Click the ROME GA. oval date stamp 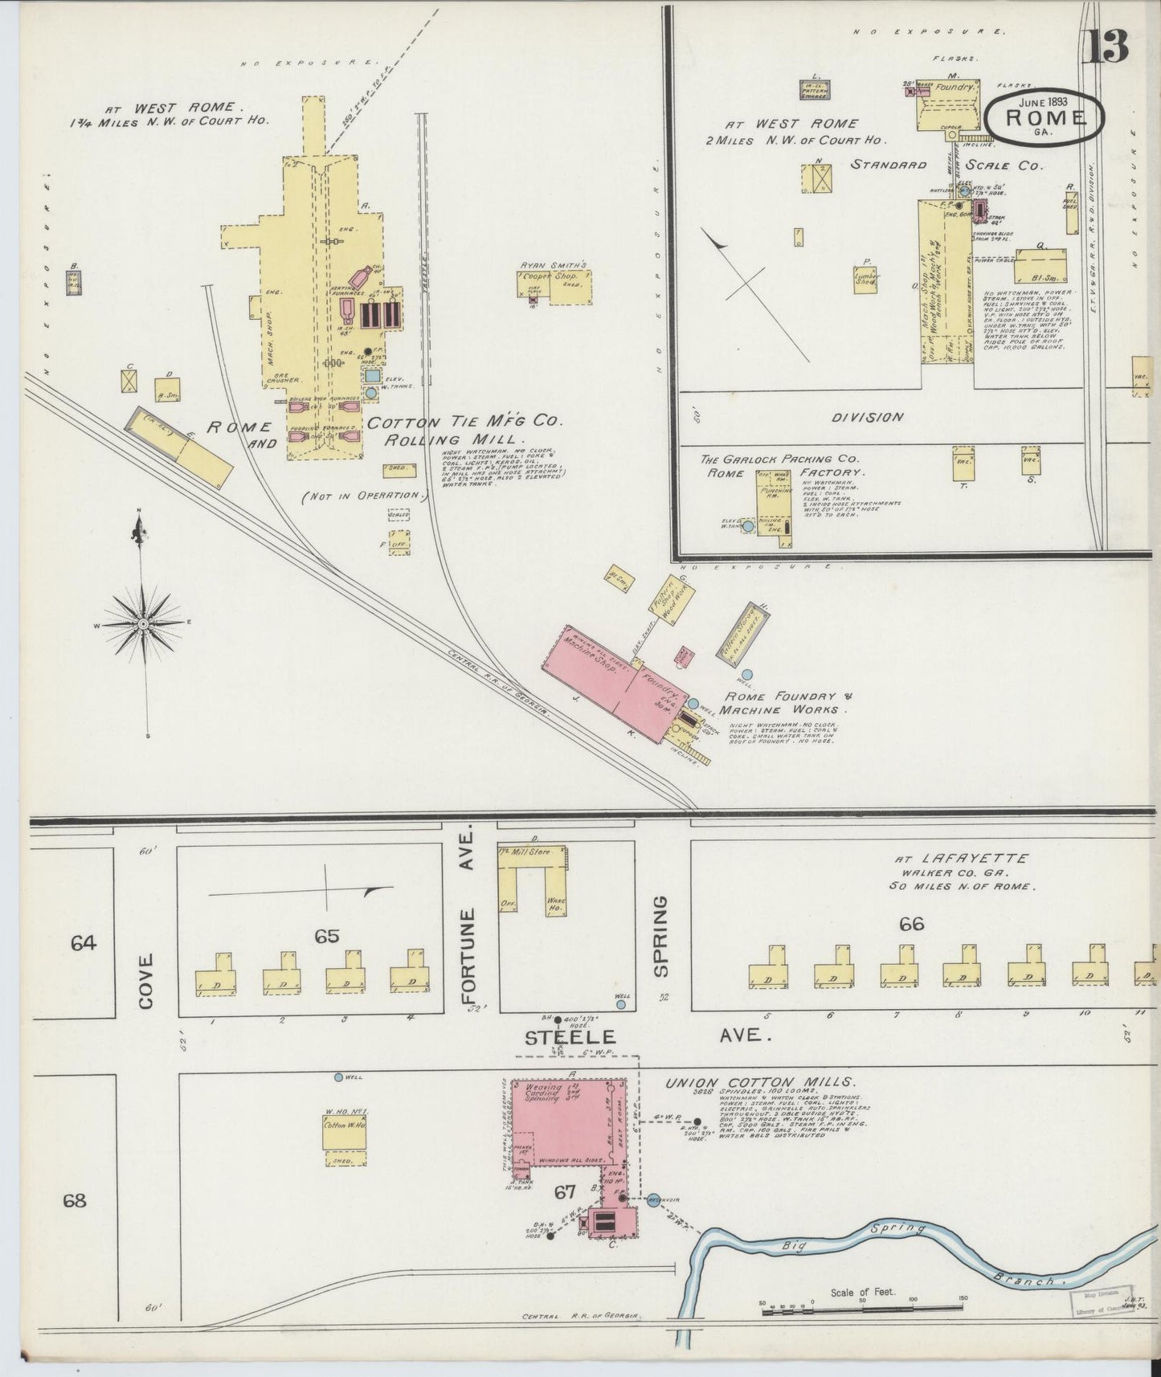[1044, 117]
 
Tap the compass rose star [143, 623]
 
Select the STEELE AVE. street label [643, 1036]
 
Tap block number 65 [327, 936]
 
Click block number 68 [74, 1201]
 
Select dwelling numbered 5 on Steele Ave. [768, 974]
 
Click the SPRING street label [660, 936]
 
